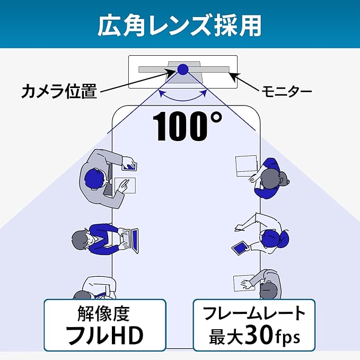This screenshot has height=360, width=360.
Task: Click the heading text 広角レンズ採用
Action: point(179,25)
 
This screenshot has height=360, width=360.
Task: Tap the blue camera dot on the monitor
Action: point(183,69)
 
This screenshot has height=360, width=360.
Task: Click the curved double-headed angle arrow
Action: point(183,95)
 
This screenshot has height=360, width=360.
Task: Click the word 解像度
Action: point(104,313)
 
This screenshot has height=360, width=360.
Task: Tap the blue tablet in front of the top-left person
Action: point(129,166)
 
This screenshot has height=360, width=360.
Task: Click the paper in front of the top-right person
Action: point(247,166)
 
